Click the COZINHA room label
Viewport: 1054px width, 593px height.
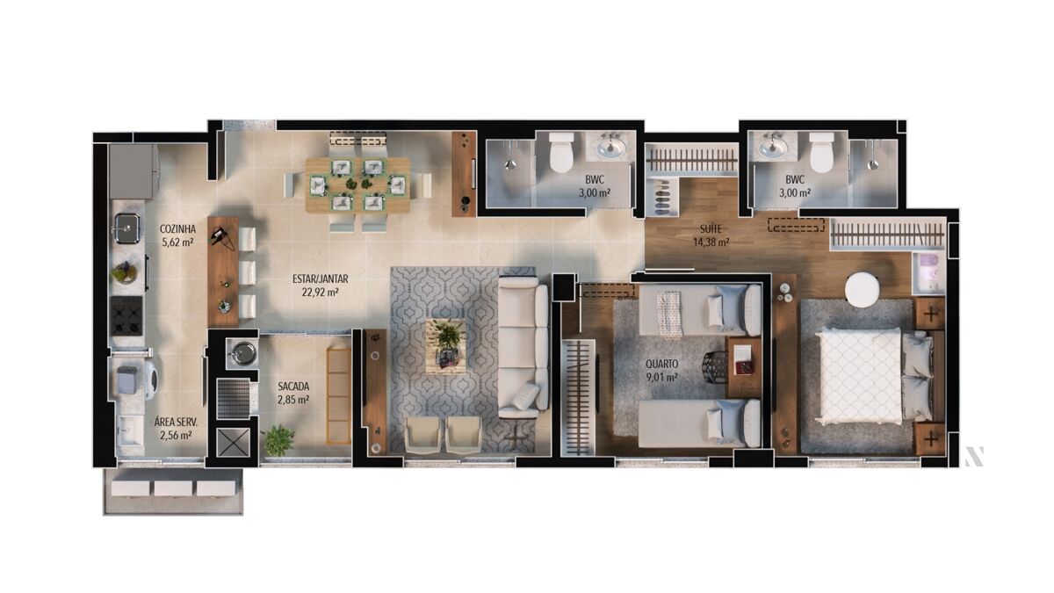177,228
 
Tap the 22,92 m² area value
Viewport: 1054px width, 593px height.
320,293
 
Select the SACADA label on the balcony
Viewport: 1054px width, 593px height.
293,387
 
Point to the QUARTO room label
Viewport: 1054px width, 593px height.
662,364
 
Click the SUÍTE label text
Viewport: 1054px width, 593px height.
711,229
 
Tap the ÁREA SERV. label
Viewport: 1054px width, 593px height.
176,422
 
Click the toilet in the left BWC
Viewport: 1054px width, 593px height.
561,152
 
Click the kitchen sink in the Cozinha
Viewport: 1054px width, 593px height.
126,228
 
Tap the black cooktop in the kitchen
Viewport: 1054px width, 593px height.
126,315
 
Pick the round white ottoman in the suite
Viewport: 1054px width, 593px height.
862,290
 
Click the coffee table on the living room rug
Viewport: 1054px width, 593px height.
446,346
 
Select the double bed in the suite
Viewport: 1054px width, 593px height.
874,375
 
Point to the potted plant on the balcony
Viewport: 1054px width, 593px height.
278,440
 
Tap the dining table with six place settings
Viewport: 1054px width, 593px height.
357,184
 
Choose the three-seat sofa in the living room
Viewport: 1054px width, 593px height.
523,347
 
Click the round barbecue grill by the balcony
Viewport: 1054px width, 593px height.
243,353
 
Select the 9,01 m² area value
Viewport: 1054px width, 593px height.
662,377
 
